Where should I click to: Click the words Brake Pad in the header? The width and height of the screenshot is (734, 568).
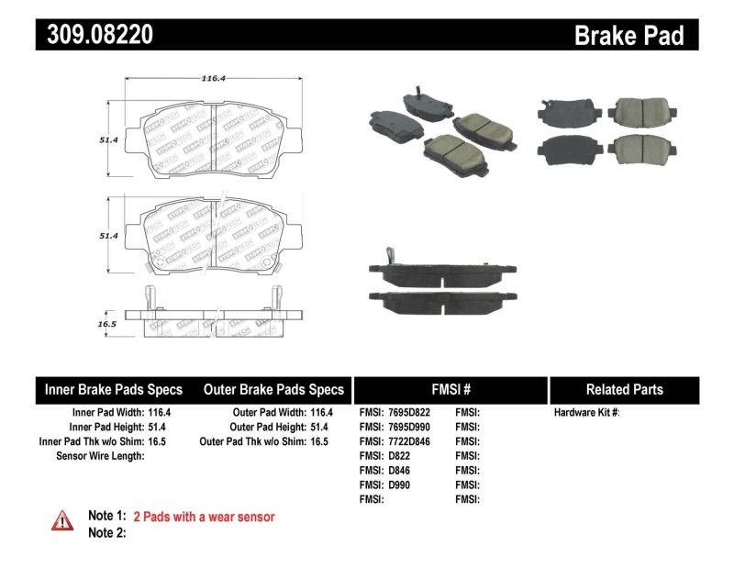point(628,35)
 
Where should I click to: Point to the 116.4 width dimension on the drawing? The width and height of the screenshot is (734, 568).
point(213,79)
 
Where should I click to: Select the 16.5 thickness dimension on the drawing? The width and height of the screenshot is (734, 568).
point(107,324)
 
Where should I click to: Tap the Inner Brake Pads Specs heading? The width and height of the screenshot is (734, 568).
point(114,389)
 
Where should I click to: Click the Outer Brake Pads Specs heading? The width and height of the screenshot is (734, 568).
point(273,389)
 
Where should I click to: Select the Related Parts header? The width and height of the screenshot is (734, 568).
point(624,389)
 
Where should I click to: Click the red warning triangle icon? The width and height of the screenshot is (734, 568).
point(62,520)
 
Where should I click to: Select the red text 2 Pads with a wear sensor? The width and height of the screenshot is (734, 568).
point(204,517)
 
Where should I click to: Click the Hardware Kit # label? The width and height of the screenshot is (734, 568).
point(586,413)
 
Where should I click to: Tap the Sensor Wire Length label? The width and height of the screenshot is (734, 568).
point(100,455)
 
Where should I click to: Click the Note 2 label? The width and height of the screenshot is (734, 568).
point(106,532)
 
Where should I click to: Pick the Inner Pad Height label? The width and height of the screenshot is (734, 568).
point(106,427)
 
